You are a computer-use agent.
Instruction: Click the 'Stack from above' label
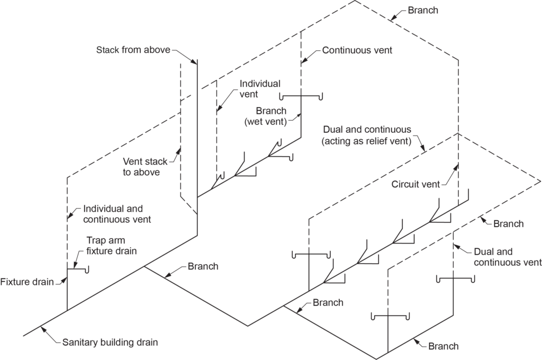pyautogui.click(x=133, y=50)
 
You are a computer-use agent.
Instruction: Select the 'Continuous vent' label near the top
pyautogui.click(x=357, y=50)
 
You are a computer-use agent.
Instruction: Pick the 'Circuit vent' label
pyautogui.click(x=415, y=184)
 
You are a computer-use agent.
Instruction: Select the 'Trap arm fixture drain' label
pyautogui.click(x=111, y=246)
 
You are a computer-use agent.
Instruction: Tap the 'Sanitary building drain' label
pyautogui.click(x=110, y=343)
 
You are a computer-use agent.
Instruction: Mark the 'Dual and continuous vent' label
pyautogui.click(x=507, y=257)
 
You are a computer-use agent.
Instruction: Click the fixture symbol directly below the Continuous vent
pyautogui.click(x=301, y=97)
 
